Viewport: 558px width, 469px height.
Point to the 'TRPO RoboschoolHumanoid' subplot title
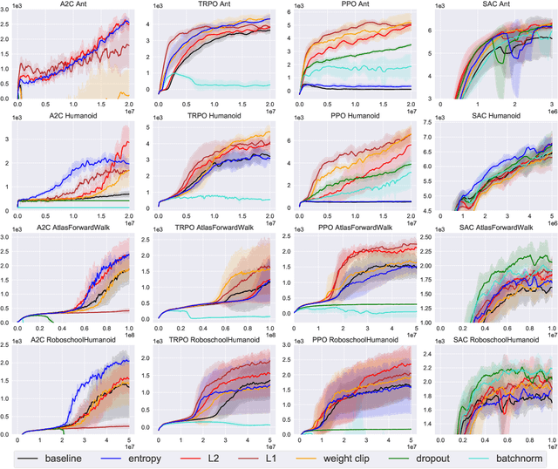click(214, 342)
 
